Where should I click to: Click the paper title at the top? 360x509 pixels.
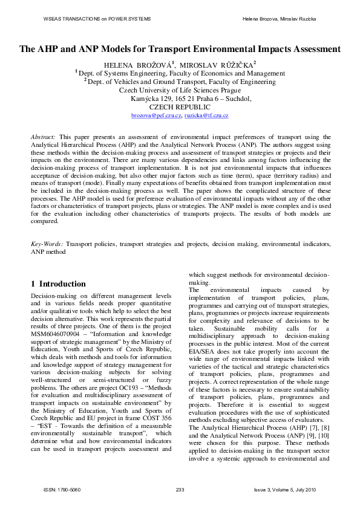click(x=180, y=49)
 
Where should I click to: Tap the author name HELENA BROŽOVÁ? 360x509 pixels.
click(x=131, y=63)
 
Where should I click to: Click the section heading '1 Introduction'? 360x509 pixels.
click(x=58, y=284)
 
